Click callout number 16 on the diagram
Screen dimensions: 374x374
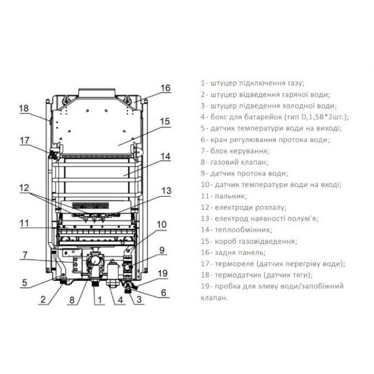click(x=166, y=88)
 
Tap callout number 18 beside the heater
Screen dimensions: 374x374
click(x=23, y=108)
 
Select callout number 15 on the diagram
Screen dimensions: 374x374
click(x=165, y=121)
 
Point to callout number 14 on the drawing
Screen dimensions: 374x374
click(x=166, y=156)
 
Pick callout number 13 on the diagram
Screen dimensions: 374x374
click(x=166, y=190)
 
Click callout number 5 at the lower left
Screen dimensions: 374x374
click(x=24, y=283)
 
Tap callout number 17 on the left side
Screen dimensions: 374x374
click(x=24, y=140)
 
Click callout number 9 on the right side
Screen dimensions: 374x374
click(x=162, y=250)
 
